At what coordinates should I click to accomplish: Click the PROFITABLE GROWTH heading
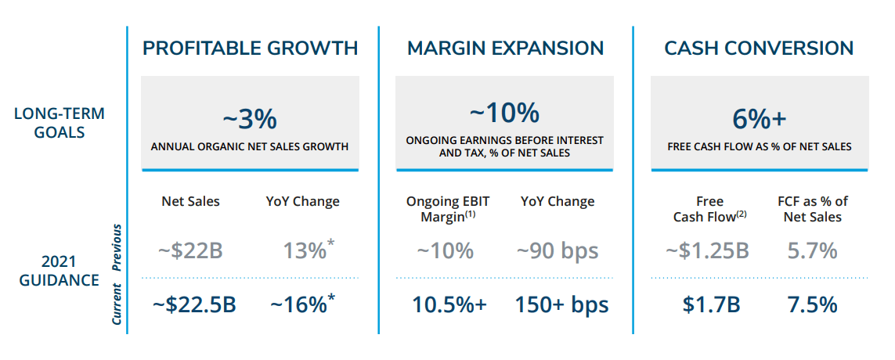tap(251, 49)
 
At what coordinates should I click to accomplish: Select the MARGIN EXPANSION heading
tap(505, 49)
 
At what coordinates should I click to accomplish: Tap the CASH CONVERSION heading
tap(759, 49)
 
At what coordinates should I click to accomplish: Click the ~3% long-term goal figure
tap(250, 120)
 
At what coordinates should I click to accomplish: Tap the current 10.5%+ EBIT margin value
tap(449, 304)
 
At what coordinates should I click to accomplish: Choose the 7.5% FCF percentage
tap(812, 304)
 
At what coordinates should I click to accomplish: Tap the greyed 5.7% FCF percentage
tap(812, 250)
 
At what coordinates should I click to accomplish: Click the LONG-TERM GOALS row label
tap(60, 123)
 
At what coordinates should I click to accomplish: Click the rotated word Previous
tap(117, 247)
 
